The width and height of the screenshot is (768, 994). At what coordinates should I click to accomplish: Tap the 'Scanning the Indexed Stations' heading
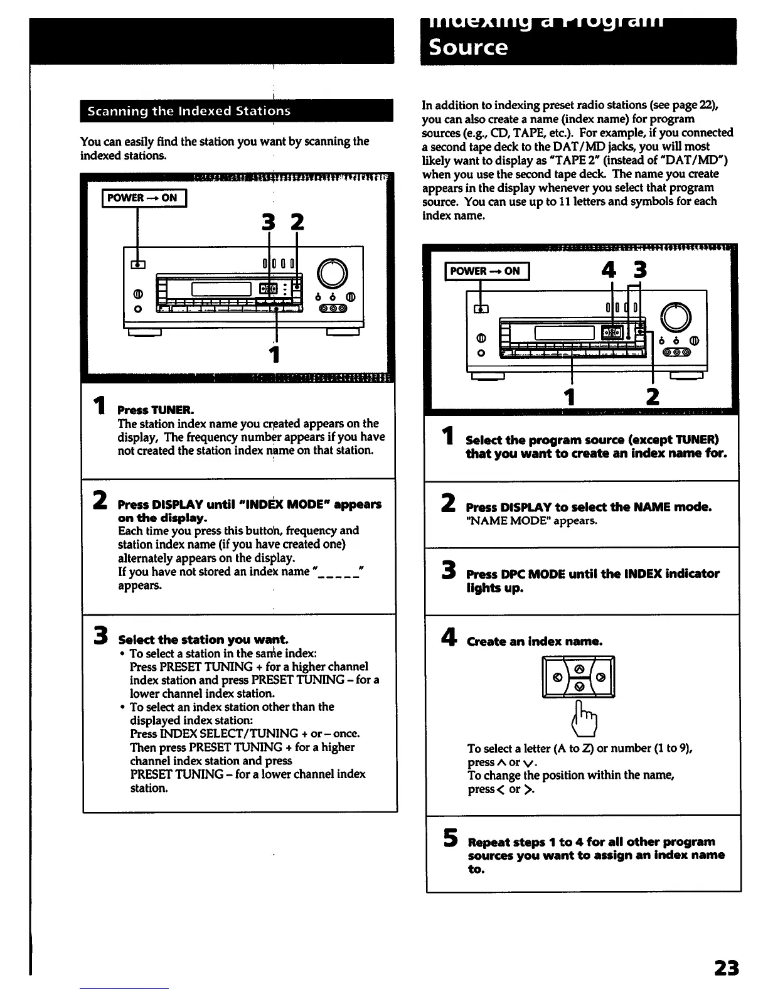(189, 111)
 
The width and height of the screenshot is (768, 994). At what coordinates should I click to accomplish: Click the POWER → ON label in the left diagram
(142, 198)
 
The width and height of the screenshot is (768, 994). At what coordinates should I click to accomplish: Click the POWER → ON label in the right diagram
(486, 271)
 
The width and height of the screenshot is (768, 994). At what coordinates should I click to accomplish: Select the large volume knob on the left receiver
(333, 274)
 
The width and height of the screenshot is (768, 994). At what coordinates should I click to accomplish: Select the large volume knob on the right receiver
(676, 317)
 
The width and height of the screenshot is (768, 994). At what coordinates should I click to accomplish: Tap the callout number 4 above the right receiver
(608, 270)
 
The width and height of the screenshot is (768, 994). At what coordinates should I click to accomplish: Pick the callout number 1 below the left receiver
(274, 355)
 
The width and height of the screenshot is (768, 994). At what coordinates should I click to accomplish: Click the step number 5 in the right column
(449, 838)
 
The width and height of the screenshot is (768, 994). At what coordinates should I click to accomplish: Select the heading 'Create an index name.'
(535, 641)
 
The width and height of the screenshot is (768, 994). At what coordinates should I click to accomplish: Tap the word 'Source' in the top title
(468, 47)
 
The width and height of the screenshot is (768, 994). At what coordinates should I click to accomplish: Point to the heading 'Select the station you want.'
(203, 639)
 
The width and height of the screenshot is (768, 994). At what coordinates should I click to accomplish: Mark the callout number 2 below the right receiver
(653, 397)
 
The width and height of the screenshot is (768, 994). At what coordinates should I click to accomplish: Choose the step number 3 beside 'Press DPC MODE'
(448, 571)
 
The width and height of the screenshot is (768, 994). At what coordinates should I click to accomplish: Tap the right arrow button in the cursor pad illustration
(600, 678)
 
